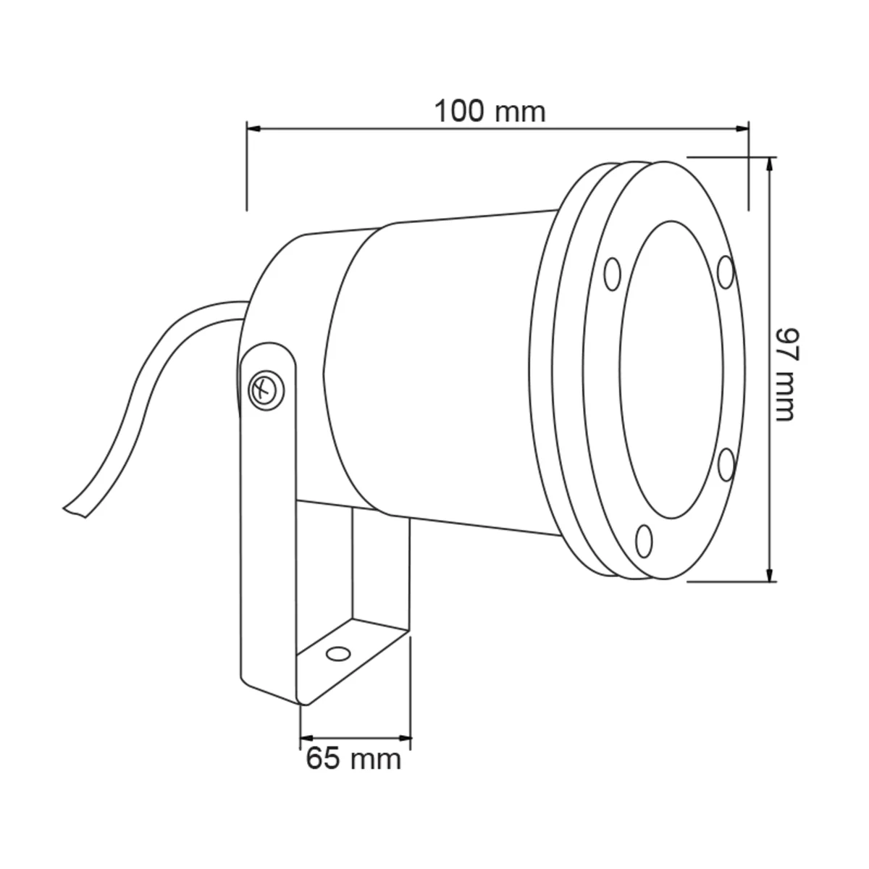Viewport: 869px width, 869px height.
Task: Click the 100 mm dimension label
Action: coord(490,112)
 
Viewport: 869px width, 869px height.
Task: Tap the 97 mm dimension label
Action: coord(786,374)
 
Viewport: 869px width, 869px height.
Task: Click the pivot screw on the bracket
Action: coord(266,390)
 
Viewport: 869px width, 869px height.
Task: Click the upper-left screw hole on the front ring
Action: coord(612,274)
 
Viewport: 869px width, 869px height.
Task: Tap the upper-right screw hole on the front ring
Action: coord(726,272)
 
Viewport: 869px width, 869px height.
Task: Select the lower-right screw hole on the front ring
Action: coord(726,464)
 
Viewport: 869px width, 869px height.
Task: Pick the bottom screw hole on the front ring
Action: coord(644,541)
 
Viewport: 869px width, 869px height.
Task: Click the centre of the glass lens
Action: coord(672,370)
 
